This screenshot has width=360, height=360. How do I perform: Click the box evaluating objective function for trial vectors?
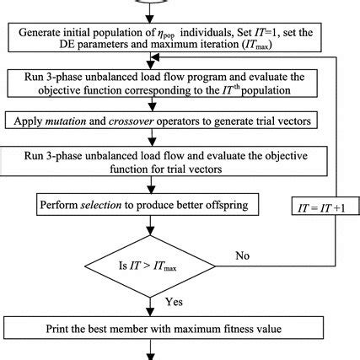click(152, 162)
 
